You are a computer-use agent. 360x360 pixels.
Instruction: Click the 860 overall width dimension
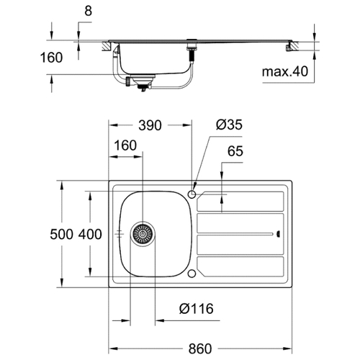click(x=200, y=348)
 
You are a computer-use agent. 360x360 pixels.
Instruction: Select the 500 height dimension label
click(x=61, y=234)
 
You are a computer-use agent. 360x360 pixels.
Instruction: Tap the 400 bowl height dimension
click(x=90, y=234)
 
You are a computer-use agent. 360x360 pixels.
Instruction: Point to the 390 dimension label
click(x=150, y=125)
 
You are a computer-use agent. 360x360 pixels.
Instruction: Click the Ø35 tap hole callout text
click(x=229, y=125)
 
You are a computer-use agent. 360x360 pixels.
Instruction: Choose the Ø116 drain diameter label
click(x=197, y=309)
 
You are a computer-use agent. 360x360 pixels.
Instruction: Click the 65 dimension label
click(x=235, y=151)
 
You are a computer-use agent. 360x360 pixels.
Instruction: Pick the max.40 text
click(x=285, y=71)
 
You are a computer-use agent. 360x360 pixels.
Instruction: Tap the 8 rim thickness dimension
click(x=89, y=11)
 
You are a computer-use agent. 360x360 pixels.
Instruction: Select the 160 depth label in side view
click(x=51, y=58)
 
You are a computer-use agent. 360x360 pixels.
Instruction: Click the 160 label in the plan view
click(x=125, y=145)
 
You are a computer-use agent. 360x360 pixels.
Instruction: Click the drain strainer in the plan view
click(x=143, y=234)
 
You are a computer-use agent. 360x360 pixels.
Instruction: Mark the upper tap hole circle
click(x=192, y=194)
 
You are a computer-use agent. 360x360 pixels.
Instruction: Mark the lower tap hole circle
click(x=192, y=274)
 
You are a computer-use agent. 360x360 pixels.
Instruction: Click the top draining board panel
click(x=240, y=202)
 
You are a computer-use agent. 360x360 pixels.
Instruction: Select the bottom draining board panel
click(x=240, y=266)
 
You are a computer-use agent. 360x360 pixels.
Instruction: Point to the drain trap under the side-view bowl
click(x=140, y=82)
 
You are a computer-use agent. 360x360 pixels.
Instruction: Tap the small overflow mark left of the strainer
click(x=120, y=233)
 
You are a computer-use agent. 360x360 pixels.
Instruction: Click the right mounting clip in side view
click(x=288, y=48)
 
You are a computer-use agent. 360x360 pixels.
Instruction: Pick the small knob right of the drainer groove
click(x=279, y=234)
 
